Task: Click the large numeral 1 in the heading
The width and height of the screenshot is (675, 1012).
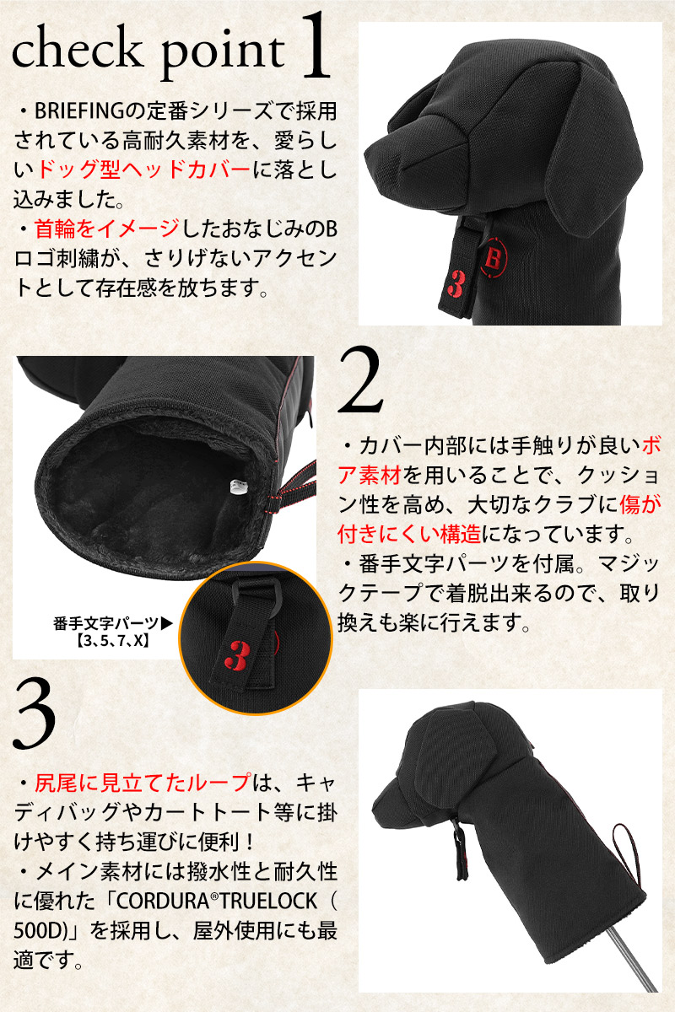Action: pyautogui.click(x=315, y=46)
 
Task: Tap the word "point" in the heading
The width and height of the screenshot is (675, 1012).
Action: pyautogui.click(x=223, y=53)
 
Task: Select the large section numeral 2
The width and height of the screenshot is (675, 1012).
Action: pyautogui.click(x=360, y=379)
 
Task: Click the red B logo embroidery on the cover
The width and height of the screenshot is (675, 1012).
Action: pyautogui.click(x=494, y=258)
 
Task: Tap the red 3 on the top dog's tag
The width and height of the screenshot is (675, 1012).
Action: pyautogui.click(x=456, y=283)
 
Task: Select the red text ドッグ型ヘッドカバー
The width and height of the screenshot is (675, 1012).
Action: pyautogui.click(x=143, y=170)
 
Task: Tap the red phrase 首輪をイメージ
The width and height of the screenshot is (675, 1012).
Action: pyautogui.click(x=106, y=229)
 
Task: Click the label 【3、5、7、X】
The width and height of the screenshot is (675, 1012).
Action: pyautogui.click(x=112, y=641)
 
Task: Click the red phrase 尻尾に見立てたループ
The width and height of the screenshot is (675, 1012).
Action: pyautogui.click(x=143, y=783)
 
